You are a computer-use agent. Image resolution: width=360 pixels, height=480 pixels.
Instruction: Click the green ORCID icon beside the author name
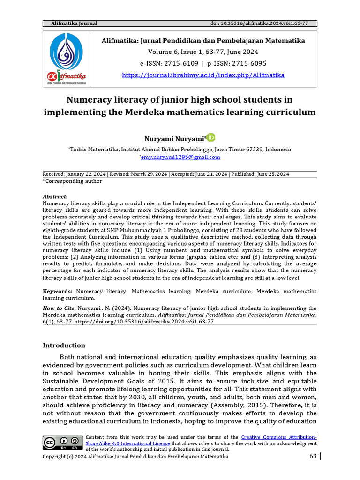click(211, 137)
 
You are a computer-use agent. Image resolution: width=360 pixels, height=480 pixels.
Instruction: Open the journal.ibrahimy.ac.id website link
click(203, 75)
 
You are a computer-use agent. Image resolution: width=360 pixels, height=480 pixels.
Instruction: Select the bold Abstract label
click(55, 197)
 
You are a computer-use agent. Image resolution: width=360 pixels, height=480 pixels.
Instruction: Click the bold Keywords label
click(58, 291)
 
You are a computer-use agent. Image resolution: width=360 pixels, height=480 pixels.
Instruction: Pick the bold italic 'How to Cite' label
click(59, 308)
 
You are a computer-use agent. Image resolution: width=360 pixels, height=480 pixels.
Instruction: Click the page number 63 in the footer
click(313, 457)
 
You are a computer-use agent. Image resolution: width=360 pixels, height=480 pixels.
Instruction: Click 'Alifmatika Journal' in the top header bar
click(70, 23)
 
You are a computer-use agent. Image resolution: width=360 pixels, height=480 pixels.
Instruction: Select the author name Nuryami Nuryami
click(172, 138)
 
